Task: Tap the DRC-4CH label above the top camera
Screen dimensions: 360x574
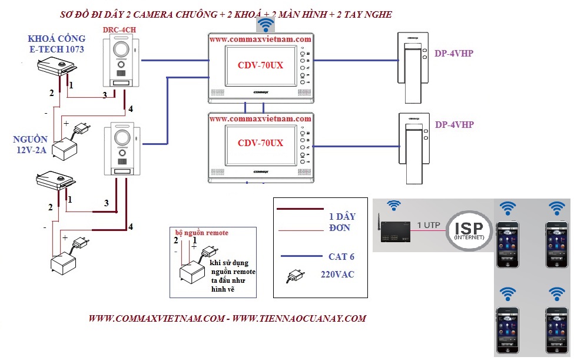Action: click(121, 29)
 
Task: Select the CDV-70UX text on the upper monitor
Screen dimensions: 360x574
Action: click(260, 65)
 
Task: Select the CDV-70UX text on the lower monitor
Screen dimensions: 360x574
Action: click(260, 143)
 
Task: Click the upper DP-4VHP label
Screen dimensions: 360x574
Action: click(454, 54)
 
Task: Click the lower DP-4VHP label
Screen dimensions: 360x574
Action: click(454, 125)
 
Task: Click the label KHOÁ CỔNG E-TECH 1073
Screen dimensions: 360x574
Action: click(57, 44)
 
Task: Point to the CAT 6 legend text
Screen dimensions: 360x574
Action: click(342, 256)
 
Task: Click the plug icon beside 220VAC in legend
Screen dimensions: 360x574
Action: click(294, 276)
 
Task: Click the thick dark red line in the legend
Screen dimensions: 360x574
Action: click(300, 209)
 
